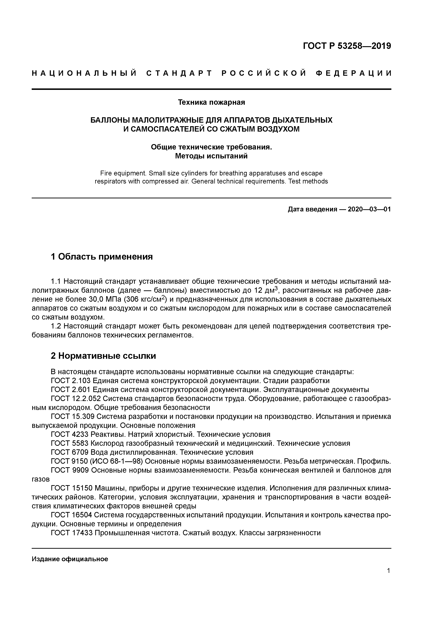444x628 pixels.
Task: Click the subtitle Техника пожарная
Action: click(x=211, y=102)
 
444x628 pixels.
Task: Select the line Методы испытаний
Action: click(x=211, y=156)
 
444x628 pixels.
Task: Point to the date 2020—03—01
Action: click(x=369, y=209)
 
